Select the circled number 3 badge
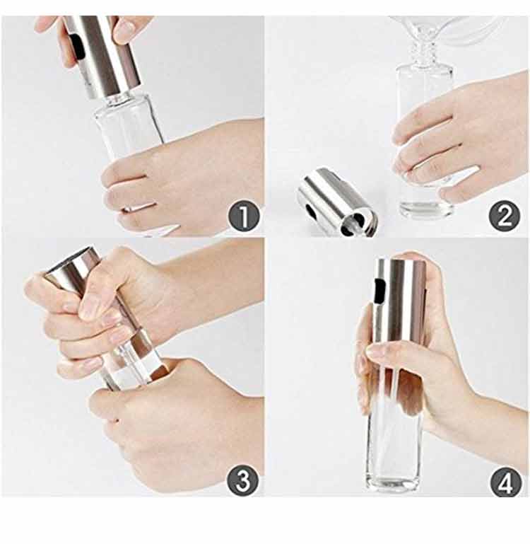tap(243, 480)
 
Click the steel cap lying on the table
tap(336, 202)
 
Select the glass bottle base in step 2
tap(426, 208)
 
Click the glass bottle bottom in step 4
tap(394, 482)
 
